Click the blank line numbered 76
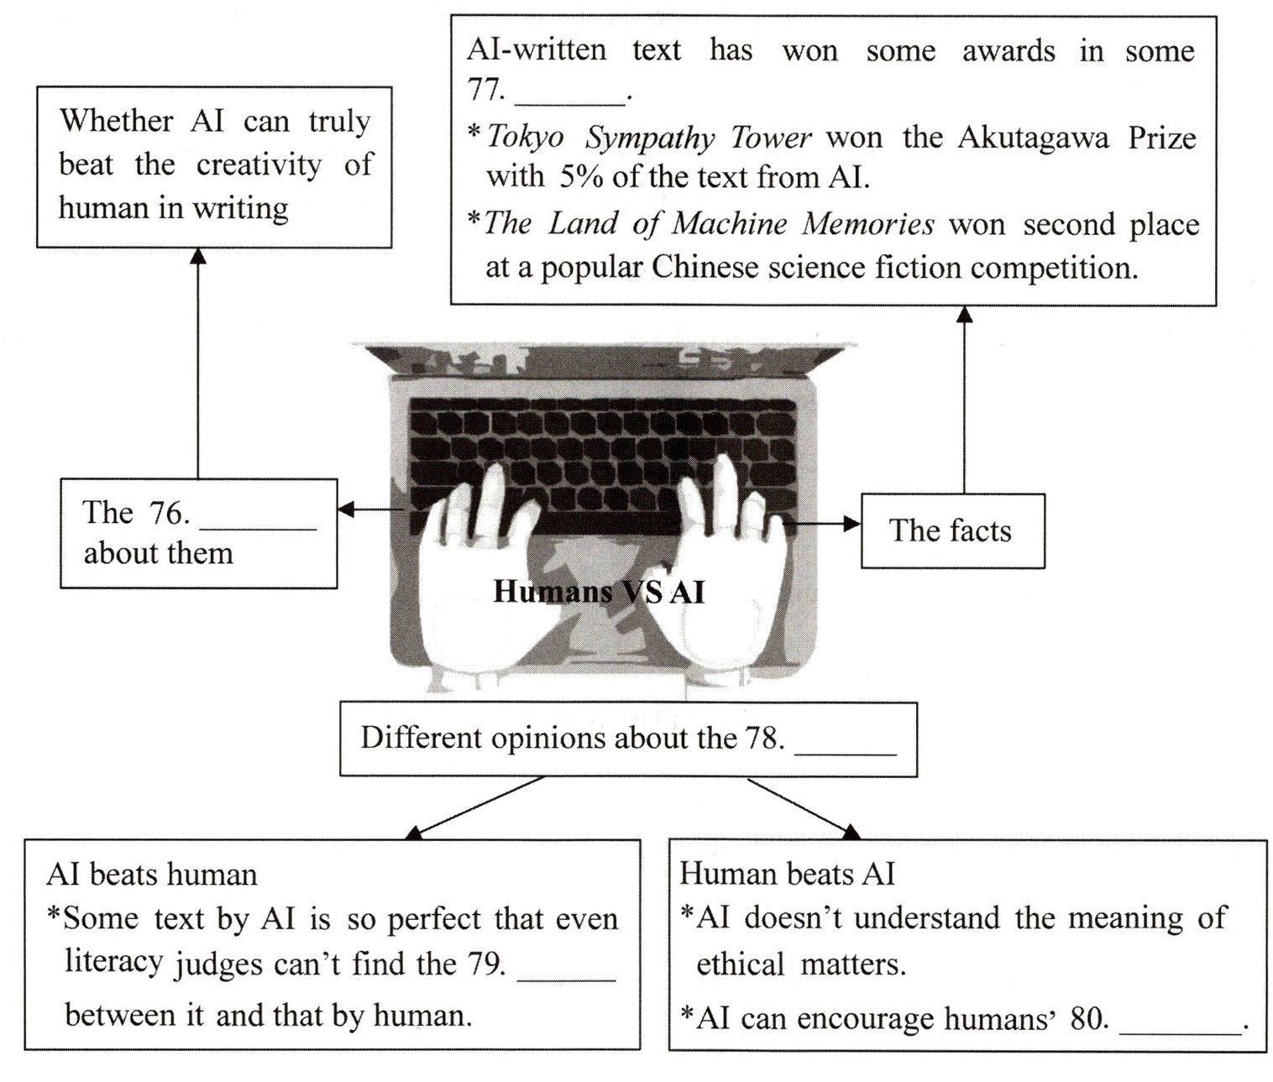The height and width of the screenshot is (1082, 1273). (x=258, y=525)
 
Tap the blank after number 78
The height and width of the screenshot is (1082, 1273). (x=845, y=750)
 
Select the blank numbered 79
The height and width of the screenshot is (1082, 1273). (x=567, y=976)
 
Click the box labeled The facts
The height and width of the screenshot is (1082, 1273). (x=951, y=531)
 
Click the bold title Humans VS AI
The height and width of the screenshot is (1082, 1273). (x=599, y=592)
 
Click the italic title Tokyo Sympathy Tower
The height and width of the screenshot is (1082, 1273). (x=649, y=137)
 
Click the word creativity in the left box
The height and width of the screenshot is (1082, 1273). (x=259, y=165)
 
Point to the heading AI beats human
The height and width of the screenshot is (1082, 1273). (x=152, y=875)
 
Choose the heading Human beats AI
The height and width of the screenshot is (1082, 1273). (x=787, y=874)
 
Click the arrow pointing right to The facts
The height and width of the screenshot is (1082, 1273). (x=823, y=524)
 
